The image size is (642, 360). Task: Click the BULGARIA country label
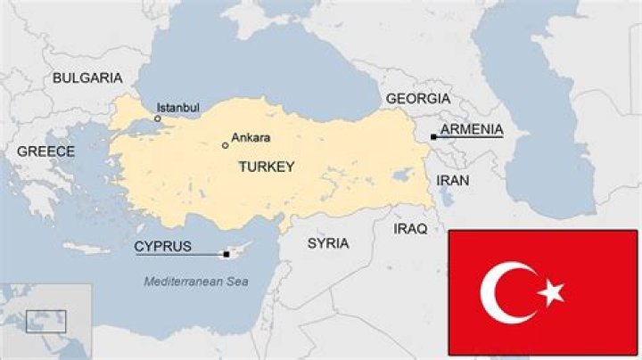tap(86, 78)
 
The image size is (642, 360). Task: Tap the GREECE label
tap(45, 151)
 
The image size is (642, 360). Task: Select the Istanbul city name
tap(177, 107)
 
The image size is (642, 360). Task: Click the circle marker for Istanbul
tap(158, 119)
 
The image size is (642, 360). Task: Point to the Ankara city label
tap(251, 137)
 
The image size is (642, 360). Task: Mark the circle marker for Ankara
tap(226, 144)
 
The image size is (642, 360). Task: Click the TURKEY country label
tap(266, 167)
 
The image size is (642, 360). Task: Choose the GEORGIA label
tap(417, 98)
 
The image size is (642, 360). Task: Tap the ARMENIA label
tap(472, 130)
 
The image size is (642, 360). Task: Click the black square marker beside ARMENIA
tap(433, 136)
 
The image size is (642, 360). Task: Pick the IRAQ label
tap(411, 229)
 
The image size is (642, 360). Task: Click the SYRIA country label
tap(327, 242)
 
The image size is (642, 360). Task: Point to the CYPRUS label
tap(162, 246)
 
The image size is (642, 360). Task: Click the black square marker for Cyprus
tap(226, 255)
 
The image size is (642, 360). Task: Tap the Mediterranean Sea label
tap(196, 282)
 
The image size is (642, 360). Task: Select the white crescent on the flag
tap(505, 292)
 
